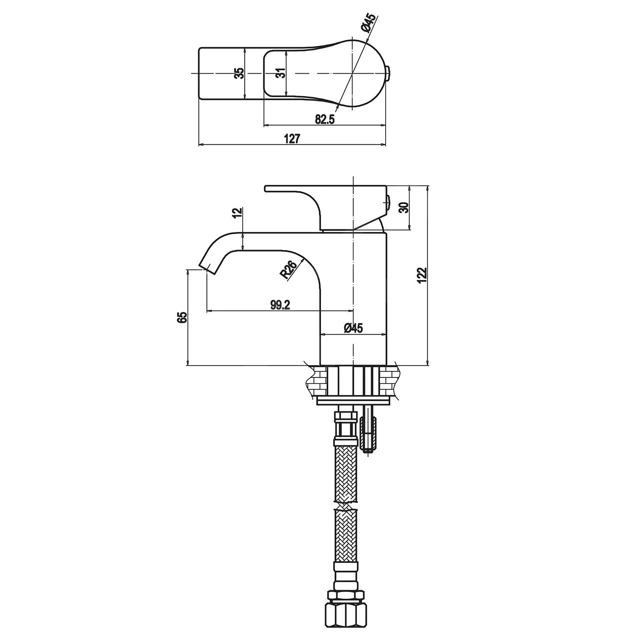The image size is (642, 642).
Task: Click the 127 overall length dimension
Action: click(292, 139)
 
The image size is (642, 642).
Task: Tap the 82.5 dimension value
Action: click(324, 119)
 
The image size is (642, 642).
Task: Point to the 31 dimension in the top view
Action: click(280, 73)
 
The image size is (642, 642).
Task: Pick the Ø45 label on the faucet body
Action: click(354, 328)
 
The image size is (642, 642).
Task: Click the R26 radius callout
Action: click(289, 270)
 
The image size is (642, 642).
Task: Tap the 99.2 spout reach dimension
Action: click(280, 305)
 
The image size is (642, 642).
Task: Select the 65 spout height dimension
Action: click(182, 317)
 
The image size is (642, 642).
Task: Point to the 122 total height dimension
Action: click(422, 275)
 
